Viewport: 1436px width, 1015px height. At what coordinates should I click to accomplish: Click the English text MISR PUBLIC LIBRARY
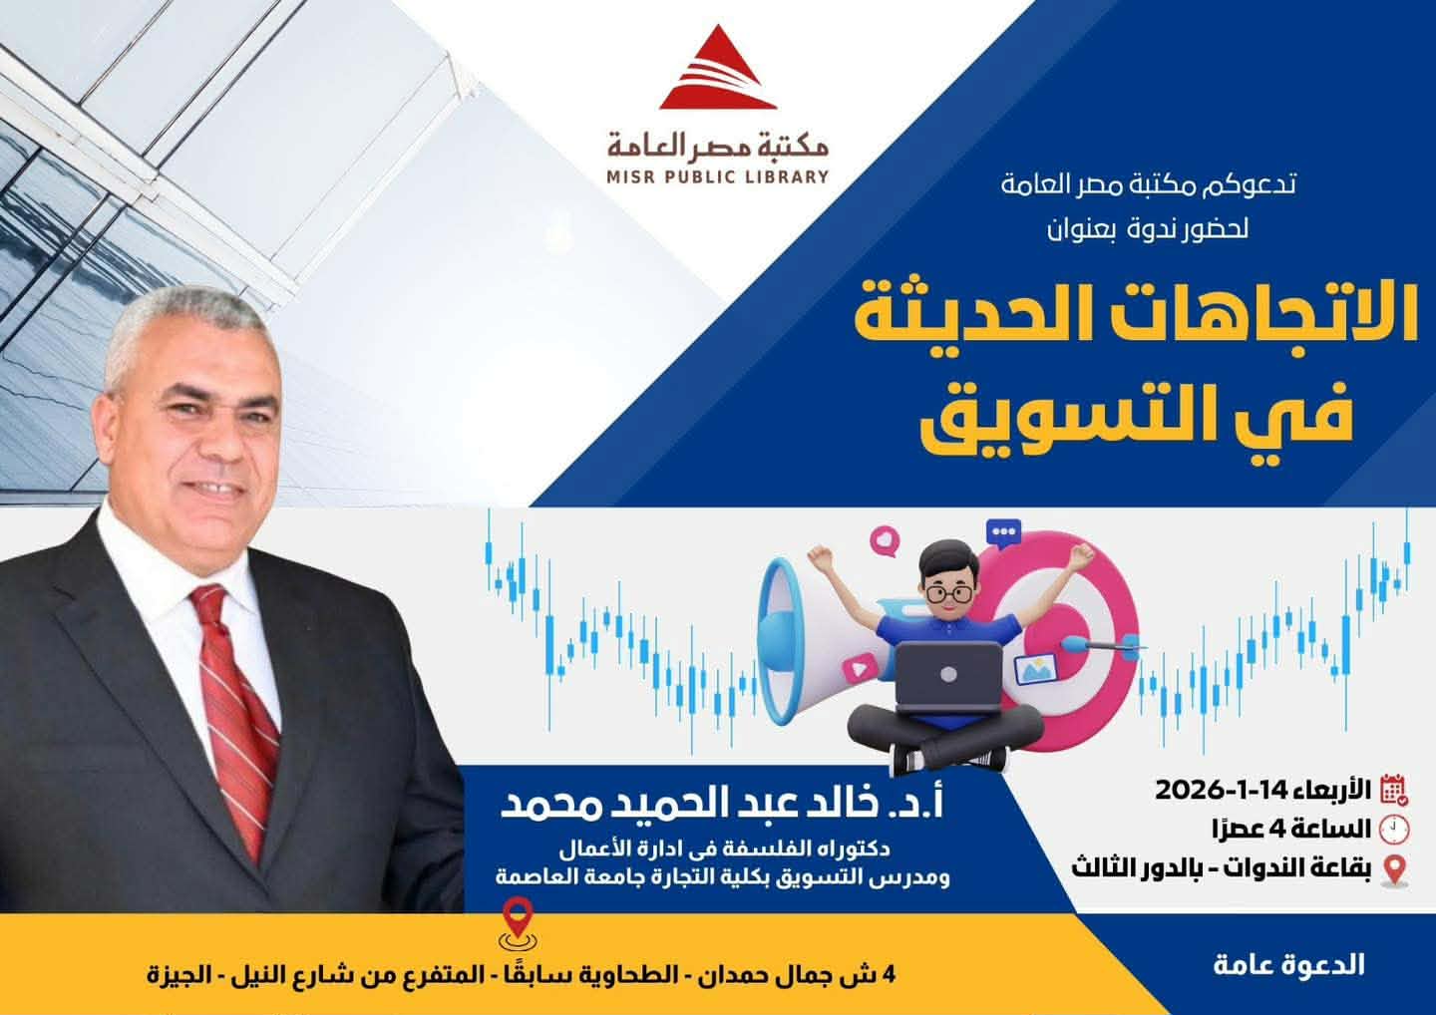pos(718,176)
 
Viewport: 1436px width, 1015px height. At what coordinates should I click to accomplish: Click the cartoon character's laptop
pos(948,678)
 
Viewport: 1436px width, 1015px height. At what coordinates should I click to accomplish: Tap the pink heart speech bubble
pos(885,540)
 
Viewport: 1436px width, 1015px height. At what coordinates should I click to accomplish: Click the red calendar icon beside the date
pos(1394,790)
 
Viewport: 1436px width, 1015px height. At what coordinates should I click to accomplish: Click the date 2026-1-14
pos(1222,790)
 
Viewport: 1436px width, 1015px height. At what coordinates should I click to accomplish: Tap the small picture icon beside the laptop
pos(1035,669)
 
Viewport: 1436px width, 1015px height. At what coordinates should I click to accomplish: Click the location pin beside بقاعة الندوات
pos(1395,870)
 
